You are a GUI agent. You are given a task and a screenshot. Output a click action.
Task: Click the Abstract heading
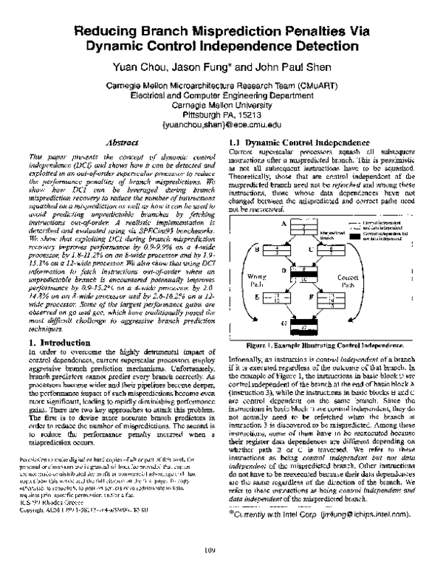pos(120,140)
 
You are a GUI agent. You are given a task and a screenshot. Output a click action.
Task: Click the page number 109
pos(221,550)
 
